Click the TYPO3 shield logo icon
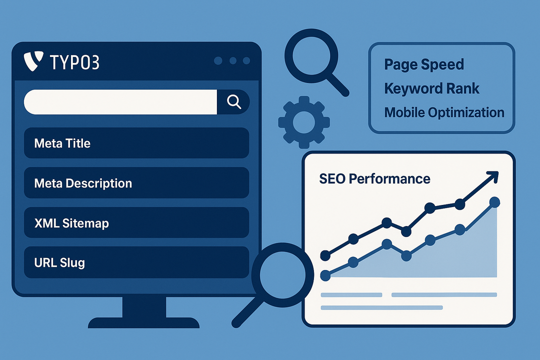point(33,61)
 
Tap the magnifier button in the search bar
point(233,102)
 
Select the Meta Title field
point(136,143)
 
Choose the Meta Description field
point(136,183)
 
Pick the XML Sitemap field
point(136,223)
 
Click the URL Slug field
point(136,262)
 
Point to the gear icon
point(304,122)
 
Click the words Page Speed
point(424,65)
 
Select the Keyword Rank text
point(431,88)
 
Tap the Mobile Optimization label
point(444,112)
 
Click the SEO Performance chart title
point(374,179)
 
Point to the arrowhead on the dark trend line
point(493,176)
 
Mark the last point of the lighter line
point(494,202)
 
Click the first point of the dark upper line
point(325,255)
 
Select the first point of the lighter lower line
point(325,275)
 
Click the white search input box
point(120,102)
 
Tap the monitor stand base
point(143,323)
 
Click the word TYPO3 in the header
point(74,62)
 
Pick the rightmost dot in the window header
point(246,61)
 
